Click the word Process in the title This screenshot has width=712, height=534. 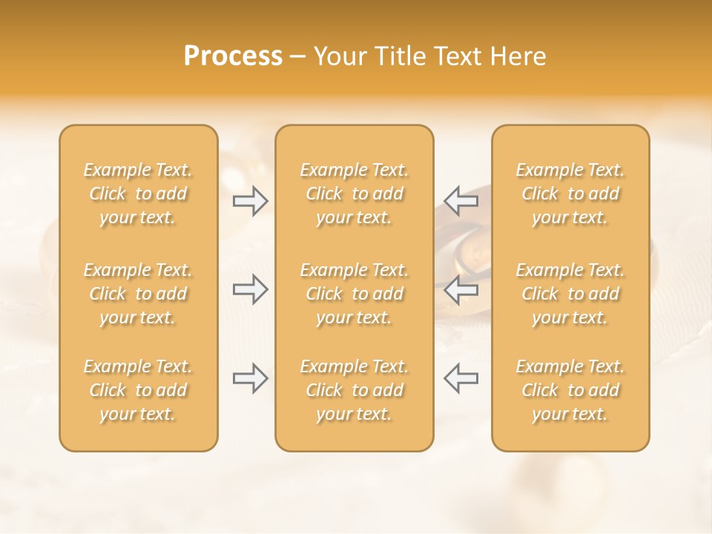point(233,56)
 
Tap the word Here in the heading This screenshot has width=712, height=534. point(517,56)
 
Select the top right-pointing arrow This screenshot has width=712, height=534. point(251,200)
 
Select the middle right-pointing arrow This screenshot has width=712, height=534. point(251,289)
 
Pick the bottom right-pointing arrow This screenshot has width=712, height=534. point(251,378)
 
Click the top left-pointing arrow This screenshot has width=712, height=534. point(461,200)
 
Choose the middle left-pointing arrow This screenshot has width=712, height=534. point(461,289)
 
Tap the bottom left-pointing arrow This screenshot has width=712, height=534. point(461,378)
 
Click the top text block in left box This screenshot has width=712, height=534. point(138,194)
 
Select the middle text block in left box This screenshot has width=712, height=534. point(138,294)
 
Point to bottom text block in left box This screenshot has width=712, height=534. point(138,390)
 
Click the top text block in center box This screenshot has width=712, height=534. point(354,194)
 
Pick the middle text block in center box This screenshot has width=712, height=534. point(354,294)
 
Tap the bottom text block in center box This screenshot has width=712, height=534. point(354,390)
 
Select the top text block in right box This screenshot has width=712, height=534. point(570,194)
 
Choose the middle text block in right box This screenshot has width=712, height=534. point(570,294)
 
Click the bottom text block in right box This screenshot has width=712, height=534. point(570,390)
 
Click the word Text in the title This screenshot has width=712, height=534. point(452,56)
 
